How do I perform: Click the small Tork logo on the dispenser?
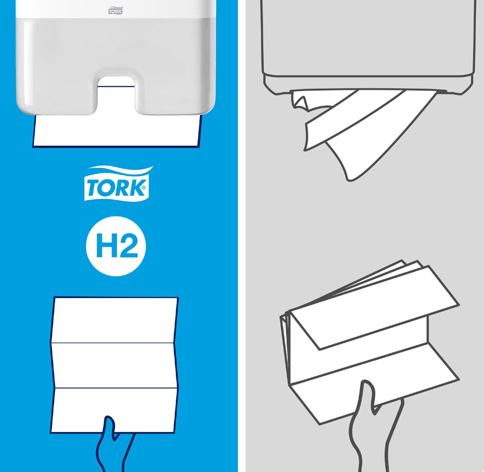(x=115, y=11)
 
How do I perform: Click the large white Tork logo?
(x=117, y=183)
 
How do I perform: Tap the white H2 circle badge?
(x=116, y=246)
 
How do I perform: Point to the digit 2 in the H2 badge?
(x=128, y=245)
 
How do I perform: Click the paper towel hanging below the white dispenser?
(x=116, y=130)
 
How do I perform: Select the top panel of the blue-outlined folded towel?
(x=115, y=320)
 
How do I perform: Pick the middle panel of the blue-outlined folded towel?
(x=115, y=365)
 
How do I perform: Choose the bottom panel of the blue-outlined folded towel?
(x=114, y=409)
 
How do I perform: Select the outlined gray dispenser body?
(x=368, y=46)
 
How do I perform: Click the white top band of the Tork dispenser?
(x=115, y=9)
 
